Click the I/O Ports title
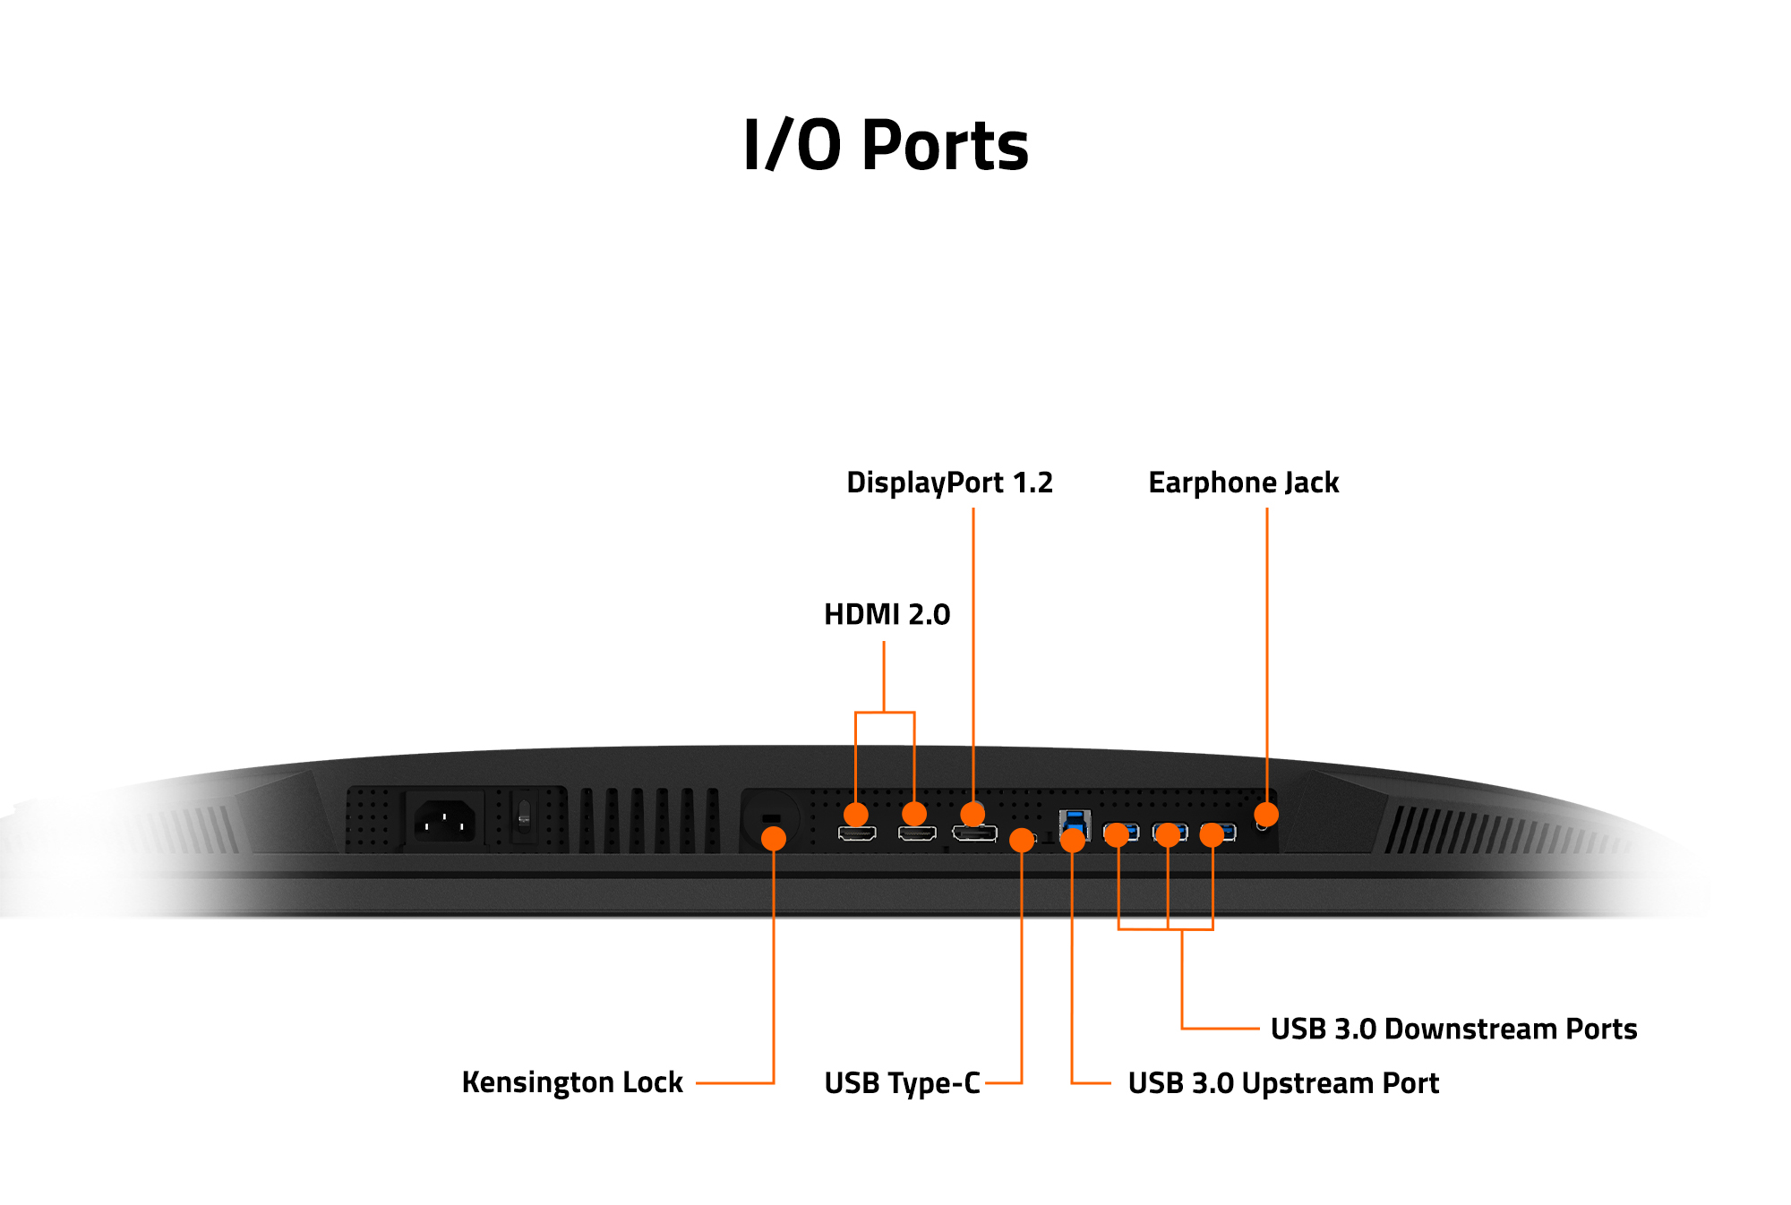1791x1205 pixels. (886, 146)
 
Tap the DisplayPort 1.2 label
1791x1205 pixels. (949, 483)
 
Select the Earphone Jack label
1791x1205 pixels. (1243, 483)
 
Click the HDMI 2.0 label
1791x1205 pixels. (887, 614)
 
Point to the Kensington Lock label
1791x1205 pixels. (572, 1082)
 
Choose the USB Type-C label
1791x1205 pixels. (902, 1083)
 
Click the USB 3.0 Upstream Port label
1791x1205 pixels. (1282, 1083)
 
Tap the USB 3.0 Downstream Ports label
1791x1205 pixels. (1453, 1029)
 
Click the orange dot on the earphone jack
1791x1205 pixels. (1266, 815)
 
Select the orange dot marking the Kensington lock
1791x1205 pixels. (774, 838)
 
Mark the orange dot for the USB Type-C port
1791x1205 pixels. (1022, 840)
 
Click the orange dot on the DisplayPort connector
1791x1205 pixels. (973, 814)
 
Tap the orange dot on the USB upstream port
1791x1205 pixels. (1072, 840)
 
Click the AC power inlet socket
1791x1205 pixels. (444, 821)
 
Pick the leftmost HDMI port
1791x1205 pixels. (857, 834)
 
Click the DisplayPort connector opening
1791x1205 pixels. (974, 835)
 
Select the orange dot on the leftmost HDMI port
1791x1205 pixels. (856, 814)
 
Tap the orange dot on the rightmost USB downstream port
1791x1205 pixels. (1212, 835)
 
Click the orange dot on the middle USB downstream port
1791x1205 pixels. (1168, 835)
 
